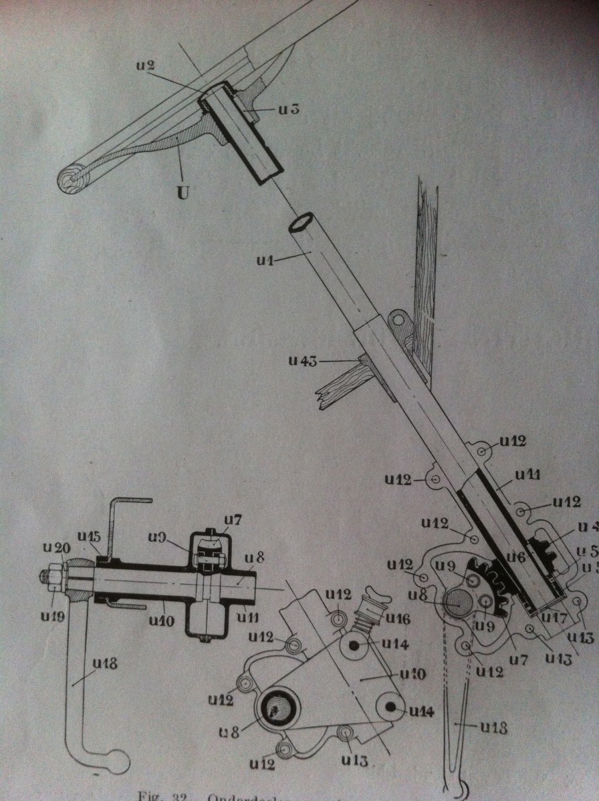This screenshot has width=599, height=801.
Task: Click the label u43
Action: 304,360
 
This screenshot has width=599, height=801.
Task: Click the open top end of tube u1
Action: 302,222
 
